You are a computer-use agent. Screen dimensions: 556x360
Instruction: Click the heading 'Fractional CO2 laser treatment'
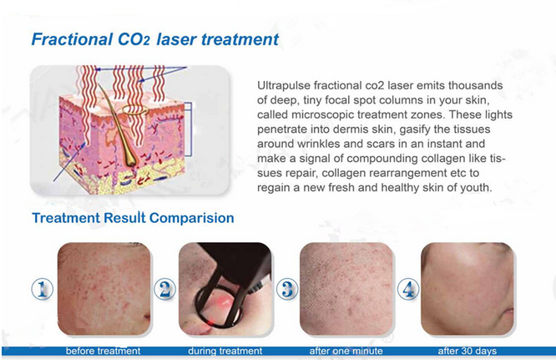click(155, 39)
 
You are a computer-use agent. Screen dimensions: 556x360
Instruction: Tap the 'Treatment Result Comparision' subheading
click(133, 218)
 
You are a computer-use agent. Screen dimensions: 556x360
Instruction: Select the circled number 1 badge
click(43, 289)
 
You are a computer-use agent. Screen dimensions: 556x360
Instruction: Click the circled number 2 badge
click(164, 289)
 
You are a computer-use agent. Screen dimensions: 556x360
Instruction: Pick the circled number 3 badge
click(287, 289)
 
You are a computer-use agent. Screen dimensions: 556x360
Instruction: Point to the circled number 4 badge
click(408, 289)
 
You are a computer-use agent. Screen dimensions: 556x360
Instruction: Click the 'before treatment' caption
click(104, 351)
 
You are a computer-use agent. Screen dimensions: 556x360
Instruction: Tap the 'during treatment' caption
click(225, 351)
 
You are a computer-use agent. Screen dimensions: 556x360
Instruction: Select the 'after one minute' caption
click(346, 351)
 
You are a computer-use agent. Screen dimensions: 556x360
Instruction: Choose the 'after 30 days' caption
click(467, 351)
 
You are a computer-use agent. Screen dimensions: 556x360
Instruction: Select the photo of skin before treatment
click(104, 289)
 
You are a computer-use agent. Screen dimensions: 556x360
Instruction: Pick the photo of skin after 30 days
click(468, 289)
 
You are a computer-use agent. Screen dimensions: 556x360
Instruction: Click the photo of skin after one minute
click(346, 289)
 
